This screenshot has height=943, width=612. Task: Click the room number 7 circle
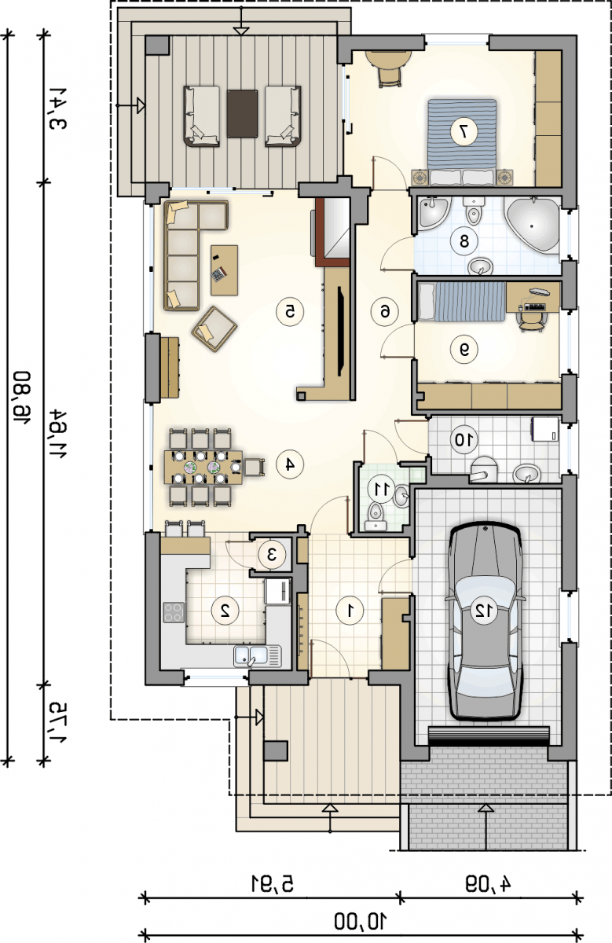pyautogui.click(x=464, y=132)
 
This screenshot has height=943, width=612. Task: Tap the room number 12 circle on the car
pyautogui.click(x=484, y=611)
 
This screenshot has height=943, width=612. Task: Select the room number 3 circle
pyautogui.click(x=272, y=555)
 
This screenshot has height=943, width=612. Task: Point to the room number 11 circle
pyautogui.click(x=381, y=488)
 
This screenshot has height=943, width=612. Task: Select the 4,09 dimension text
pyautogui.click(x=488, y=882)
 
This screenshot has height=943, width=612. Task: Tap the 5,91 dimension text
pyautogui.click(x=273, y=882)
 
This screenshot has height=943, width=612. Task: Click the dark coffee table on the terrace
pyautogui.click(x=243, y=113)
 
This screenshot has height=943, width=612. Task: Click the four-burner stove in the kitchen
pyautogui.click(x=174, y=612)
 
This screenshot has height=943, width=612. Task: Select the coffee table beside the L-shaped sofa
pyautogui.click(x=225, y=270)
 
